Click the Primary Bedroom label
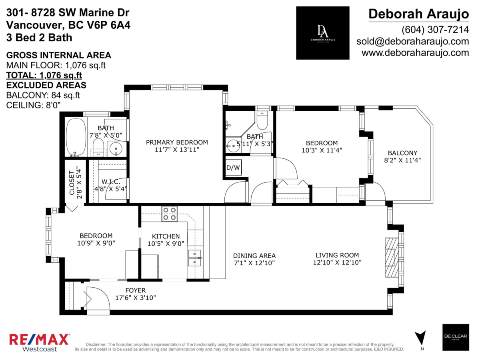[177, 142]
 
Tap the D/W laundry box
[233, 167]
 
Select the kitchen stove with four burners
[170, 214]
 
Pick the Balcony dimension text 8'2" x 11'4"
[402, 160]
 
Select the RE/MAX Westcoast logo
[39, 342]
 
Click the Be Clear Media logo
[456, 337]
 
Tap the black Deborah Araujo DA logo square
[322, 33]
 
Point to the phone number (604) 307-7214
[435, 30]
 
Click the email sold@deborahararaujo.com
[412, 41]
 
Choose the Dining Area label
[254, 256]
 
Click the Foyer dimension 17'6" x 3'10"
[135, 298]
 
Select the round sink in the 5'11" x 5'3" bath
[232, 144]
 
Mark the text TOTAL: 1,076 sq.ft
[44, 75]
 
